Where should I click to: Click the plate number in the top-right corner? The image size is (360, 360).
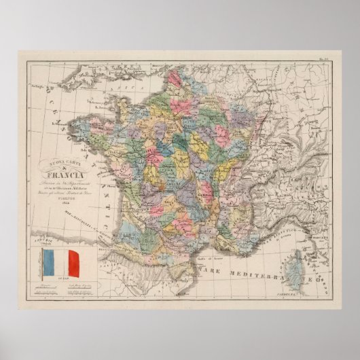click(324, 60)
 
